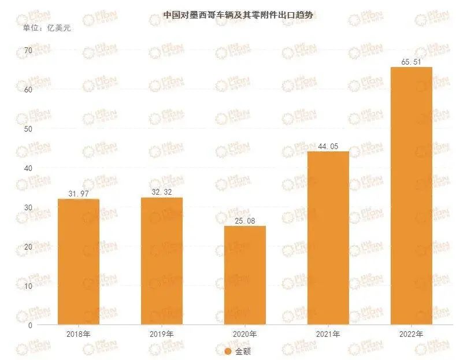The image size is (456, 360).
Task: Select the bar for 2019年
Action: [161, 261]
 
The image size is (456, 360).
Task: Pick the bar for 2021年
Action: [328, 238]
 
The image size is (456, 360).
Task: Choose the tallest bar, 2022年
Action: [411, 196]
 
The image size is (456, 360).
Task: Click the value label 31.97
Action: [78, 194]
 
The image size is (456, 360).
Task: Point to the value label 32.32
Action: [161, 192]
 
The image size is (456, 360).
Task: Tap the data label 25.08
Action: [245, 220]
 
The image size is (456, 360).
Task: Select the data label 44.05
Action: [328, 146]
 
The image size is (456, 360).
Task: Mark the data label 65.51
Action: [411, 61]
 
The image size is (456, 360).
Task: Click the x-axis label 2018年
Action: [78, 335]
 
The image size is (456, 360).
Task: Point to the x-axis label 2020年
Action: [245, 335]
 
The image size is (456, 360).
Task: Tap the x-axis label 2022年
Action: [411, 335]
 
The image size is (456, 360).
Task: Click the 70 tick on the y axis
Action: [27, 51]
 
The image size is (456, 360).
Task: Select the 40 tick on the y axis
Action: [27, 168]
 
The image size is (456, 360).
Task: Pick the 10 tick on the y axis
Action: [27, 286]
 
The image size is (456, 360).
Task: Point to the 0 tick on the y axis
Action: [29, 325]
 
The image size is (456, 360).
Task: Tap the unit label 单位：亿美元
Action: [46, 27]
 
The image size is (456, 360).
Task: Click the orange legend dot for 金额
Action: [228, 351]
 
